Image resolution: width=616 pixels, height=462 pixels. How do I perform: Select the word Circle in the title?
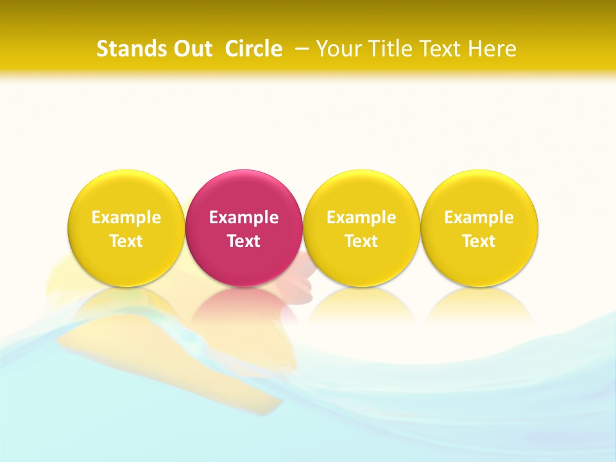tap(253, 49)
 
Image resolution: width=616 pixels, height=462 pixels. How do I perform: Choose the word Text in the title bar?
tap(438, 49)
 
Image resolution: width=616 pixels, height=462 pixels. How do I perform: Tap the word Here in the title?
tap(492, 49)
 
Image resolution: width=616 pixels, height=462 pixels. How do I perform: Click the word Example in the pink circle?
tap(244, 218)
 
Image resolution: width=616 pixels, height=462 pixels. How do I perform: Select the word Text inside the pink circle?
tap(244, 241)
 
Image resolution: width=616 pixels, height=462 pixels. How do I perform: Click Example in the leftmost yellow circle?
tap(126, 218)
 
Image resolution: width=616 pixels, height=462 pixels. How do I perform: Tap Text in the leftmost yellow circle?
tap(126, 241)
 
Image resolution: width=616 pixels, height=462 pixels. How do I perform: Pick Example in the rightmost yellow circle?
tap(479, 218)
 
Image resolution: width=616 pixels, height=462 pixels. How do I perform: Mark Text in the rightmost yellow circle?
tap(479, 241)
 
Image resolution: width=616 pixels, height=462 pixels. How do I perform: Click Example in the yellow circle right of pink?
tap(361, 218)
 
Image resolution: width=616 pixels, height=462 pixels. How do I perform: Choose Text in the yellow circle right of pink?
tap(361, 241)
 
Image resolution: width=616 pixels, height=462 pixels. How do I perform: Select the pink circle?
tap(244, 193)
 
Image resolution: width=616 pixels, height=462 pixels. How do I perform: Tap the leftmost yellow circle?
tap(126, 193)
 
